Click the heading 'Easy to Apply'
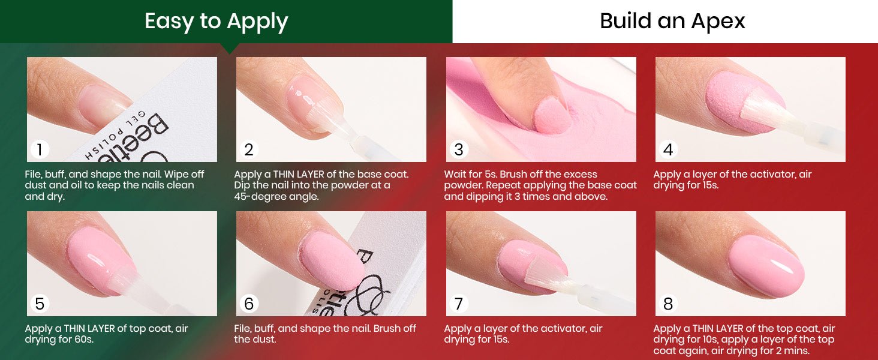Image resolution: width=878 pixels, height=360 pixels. [x=217, y=22]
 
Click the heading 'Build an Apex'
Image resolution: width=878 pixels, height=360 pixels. [x=672, y=21]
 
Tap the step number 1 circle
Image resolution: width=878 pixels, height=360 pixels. [x=39, y=149]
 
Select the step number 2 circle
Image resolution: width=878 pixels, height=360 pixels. [x=248, y=149]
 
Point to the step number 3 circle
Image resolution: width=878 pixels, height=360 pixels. [x=459, y=149]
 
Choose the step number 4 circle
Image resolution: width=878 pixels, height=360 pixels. [x=668, y=149]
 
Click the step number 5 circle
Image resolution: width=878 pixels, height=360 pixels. [x=39, y=304]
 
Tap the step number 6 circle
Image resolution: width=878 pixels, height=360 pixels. [x=248, y=304]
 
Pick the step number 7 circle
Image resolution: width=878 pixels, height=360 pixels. [x=459, y=304]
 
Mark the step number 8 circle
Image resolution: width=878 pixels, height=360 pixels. [x=668, y=304]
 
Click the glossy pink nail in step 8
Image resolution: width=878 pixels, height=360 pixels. [x=766, y=266]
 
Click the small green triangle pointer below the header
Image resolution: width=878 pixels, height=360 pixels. [x=230, y=48]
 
